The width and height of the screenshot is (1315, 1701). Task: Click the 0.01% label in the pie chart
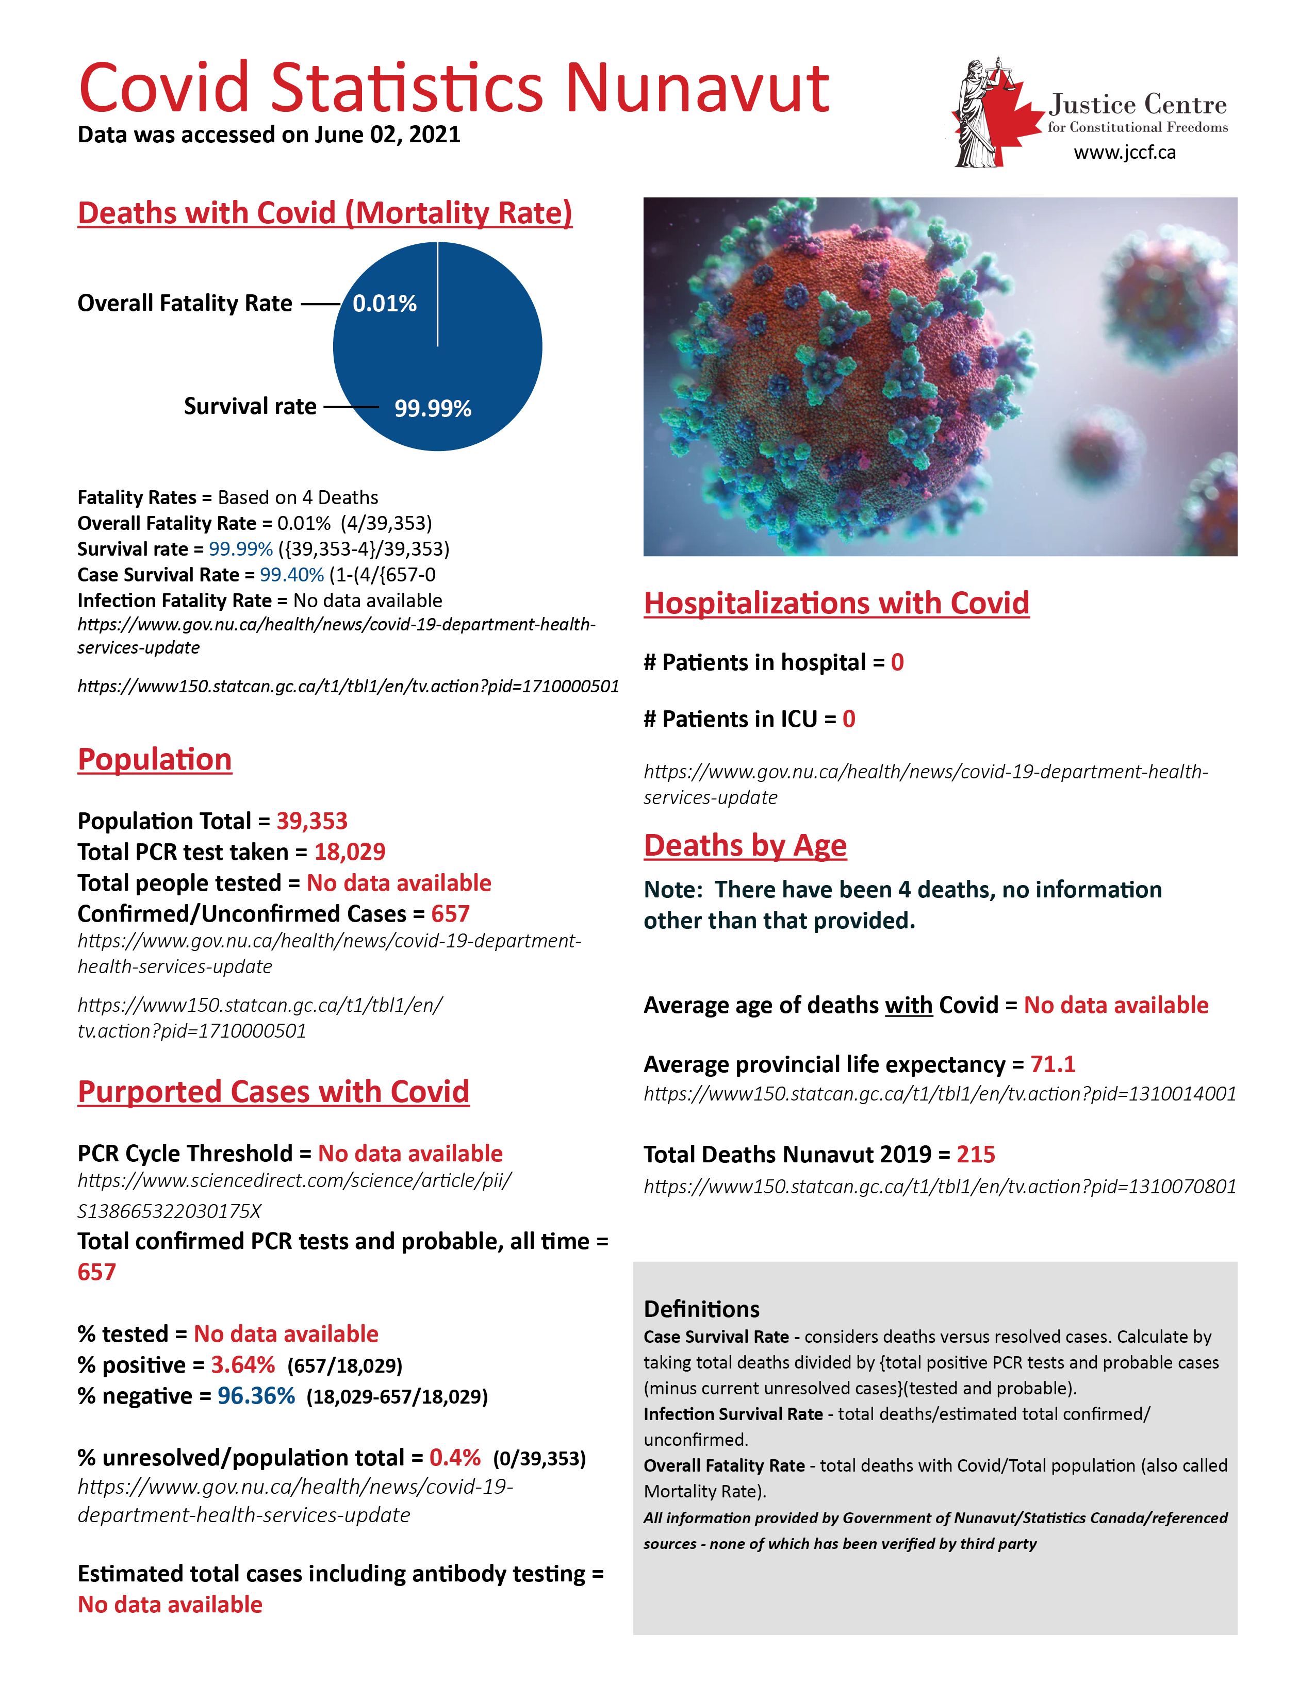(x=384, y=304)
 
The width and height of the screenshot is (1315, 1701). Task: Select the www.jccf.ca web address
(x=1124, y=153)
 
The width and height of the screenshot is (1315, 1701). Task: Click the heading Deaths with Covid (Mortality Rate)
(x=325, y=213)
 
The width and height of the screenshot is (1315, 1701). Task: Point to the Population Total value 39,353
(x=311, y=821)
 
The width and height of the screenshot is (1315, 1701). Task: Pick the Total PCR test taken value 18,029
(x=350, y=852)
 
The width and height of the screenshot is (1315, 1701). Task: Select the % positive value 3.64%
(x=242, y=1365)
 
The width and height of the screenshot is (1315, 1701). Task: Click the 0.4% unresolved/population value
(x=454, y=1458)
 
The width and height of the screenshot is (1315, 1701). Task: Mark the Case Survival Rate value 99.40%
(x=291, y=575)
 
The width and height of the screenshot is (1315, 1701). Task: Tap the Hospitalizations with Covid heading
(x=836, y=604)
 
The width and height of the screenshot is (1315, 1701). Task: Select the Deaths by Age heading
(x=745, y=846)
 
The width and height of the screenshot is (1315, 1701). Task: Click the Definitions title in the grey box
(x=701, y=1309)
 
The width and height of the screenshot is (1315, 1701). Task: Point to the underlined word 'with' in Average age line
(x=908, y=1006)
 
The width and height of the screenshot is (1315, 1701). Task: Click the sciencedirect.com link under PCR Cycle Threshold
(x=294, y=1195)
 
